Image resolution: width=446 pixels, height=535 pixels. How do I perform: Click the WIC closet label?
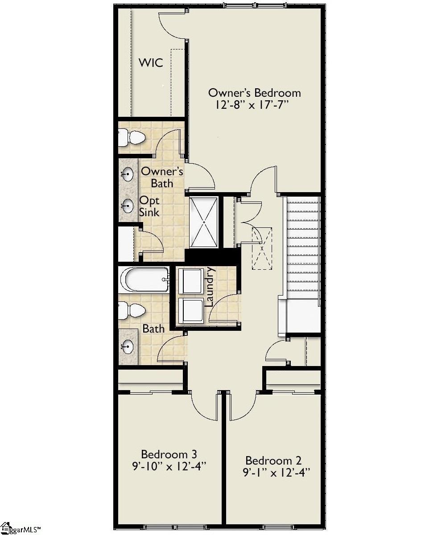(150, 63)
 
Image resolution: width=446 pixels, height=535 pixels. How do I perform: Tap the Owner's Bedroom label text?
(254, 93)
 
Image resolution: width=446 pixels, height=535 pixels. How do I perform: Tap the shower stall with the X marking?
(204, 222)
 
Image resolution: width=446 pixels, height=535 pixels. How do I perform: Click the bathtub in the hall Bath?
(144, 280)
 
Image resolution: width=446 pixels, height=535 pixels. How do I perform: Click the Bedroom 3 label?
(169, 454)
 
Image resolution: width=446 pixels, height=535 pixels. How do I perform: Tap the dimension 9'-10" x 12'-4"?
(169, 467)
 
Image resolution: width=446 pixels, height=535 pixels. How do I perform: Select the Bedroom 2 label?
(273, 461)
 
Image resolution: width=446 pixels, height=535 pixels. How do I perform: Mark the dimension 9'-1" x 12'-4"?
(276, 473)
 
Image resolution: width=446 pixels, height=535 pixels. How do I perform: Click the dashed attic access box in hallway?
(262, 248)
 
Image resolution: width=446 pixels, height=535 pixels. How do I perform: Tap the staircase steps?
(303, 250)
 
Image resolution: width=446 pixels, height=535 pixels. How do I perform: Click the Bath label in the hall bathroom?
(153, 329)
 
